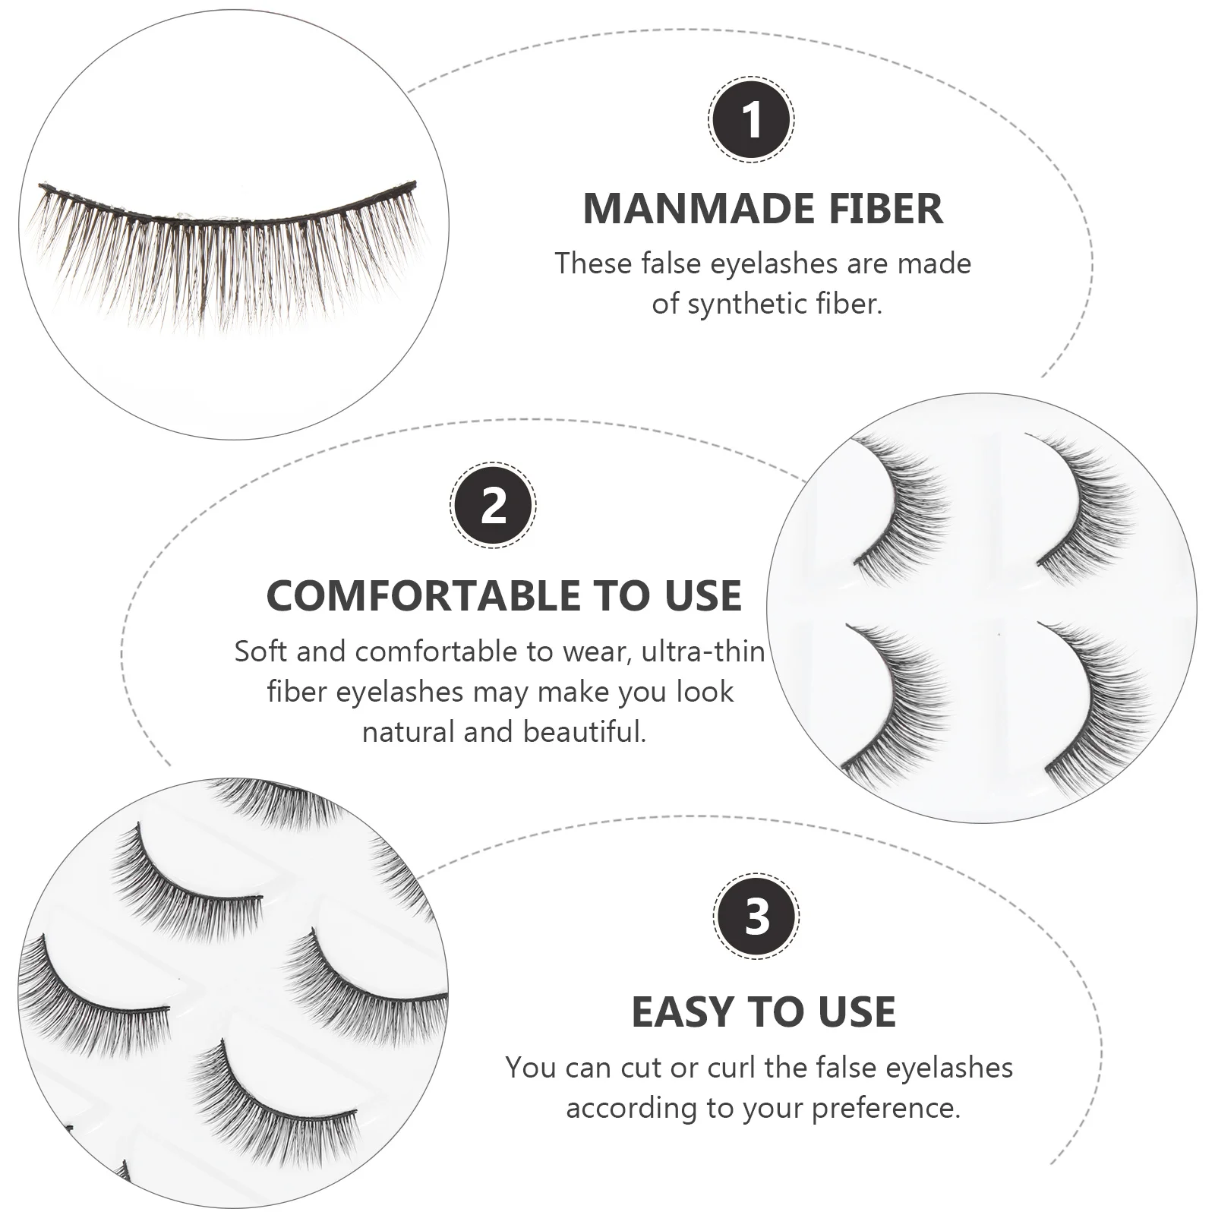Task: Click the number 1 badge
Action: coord(751,119)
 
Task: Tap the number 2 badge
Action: coord(494,505)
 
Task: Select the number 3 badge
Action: coord(756,916)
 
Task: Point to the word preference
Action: coord(886,1108)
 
